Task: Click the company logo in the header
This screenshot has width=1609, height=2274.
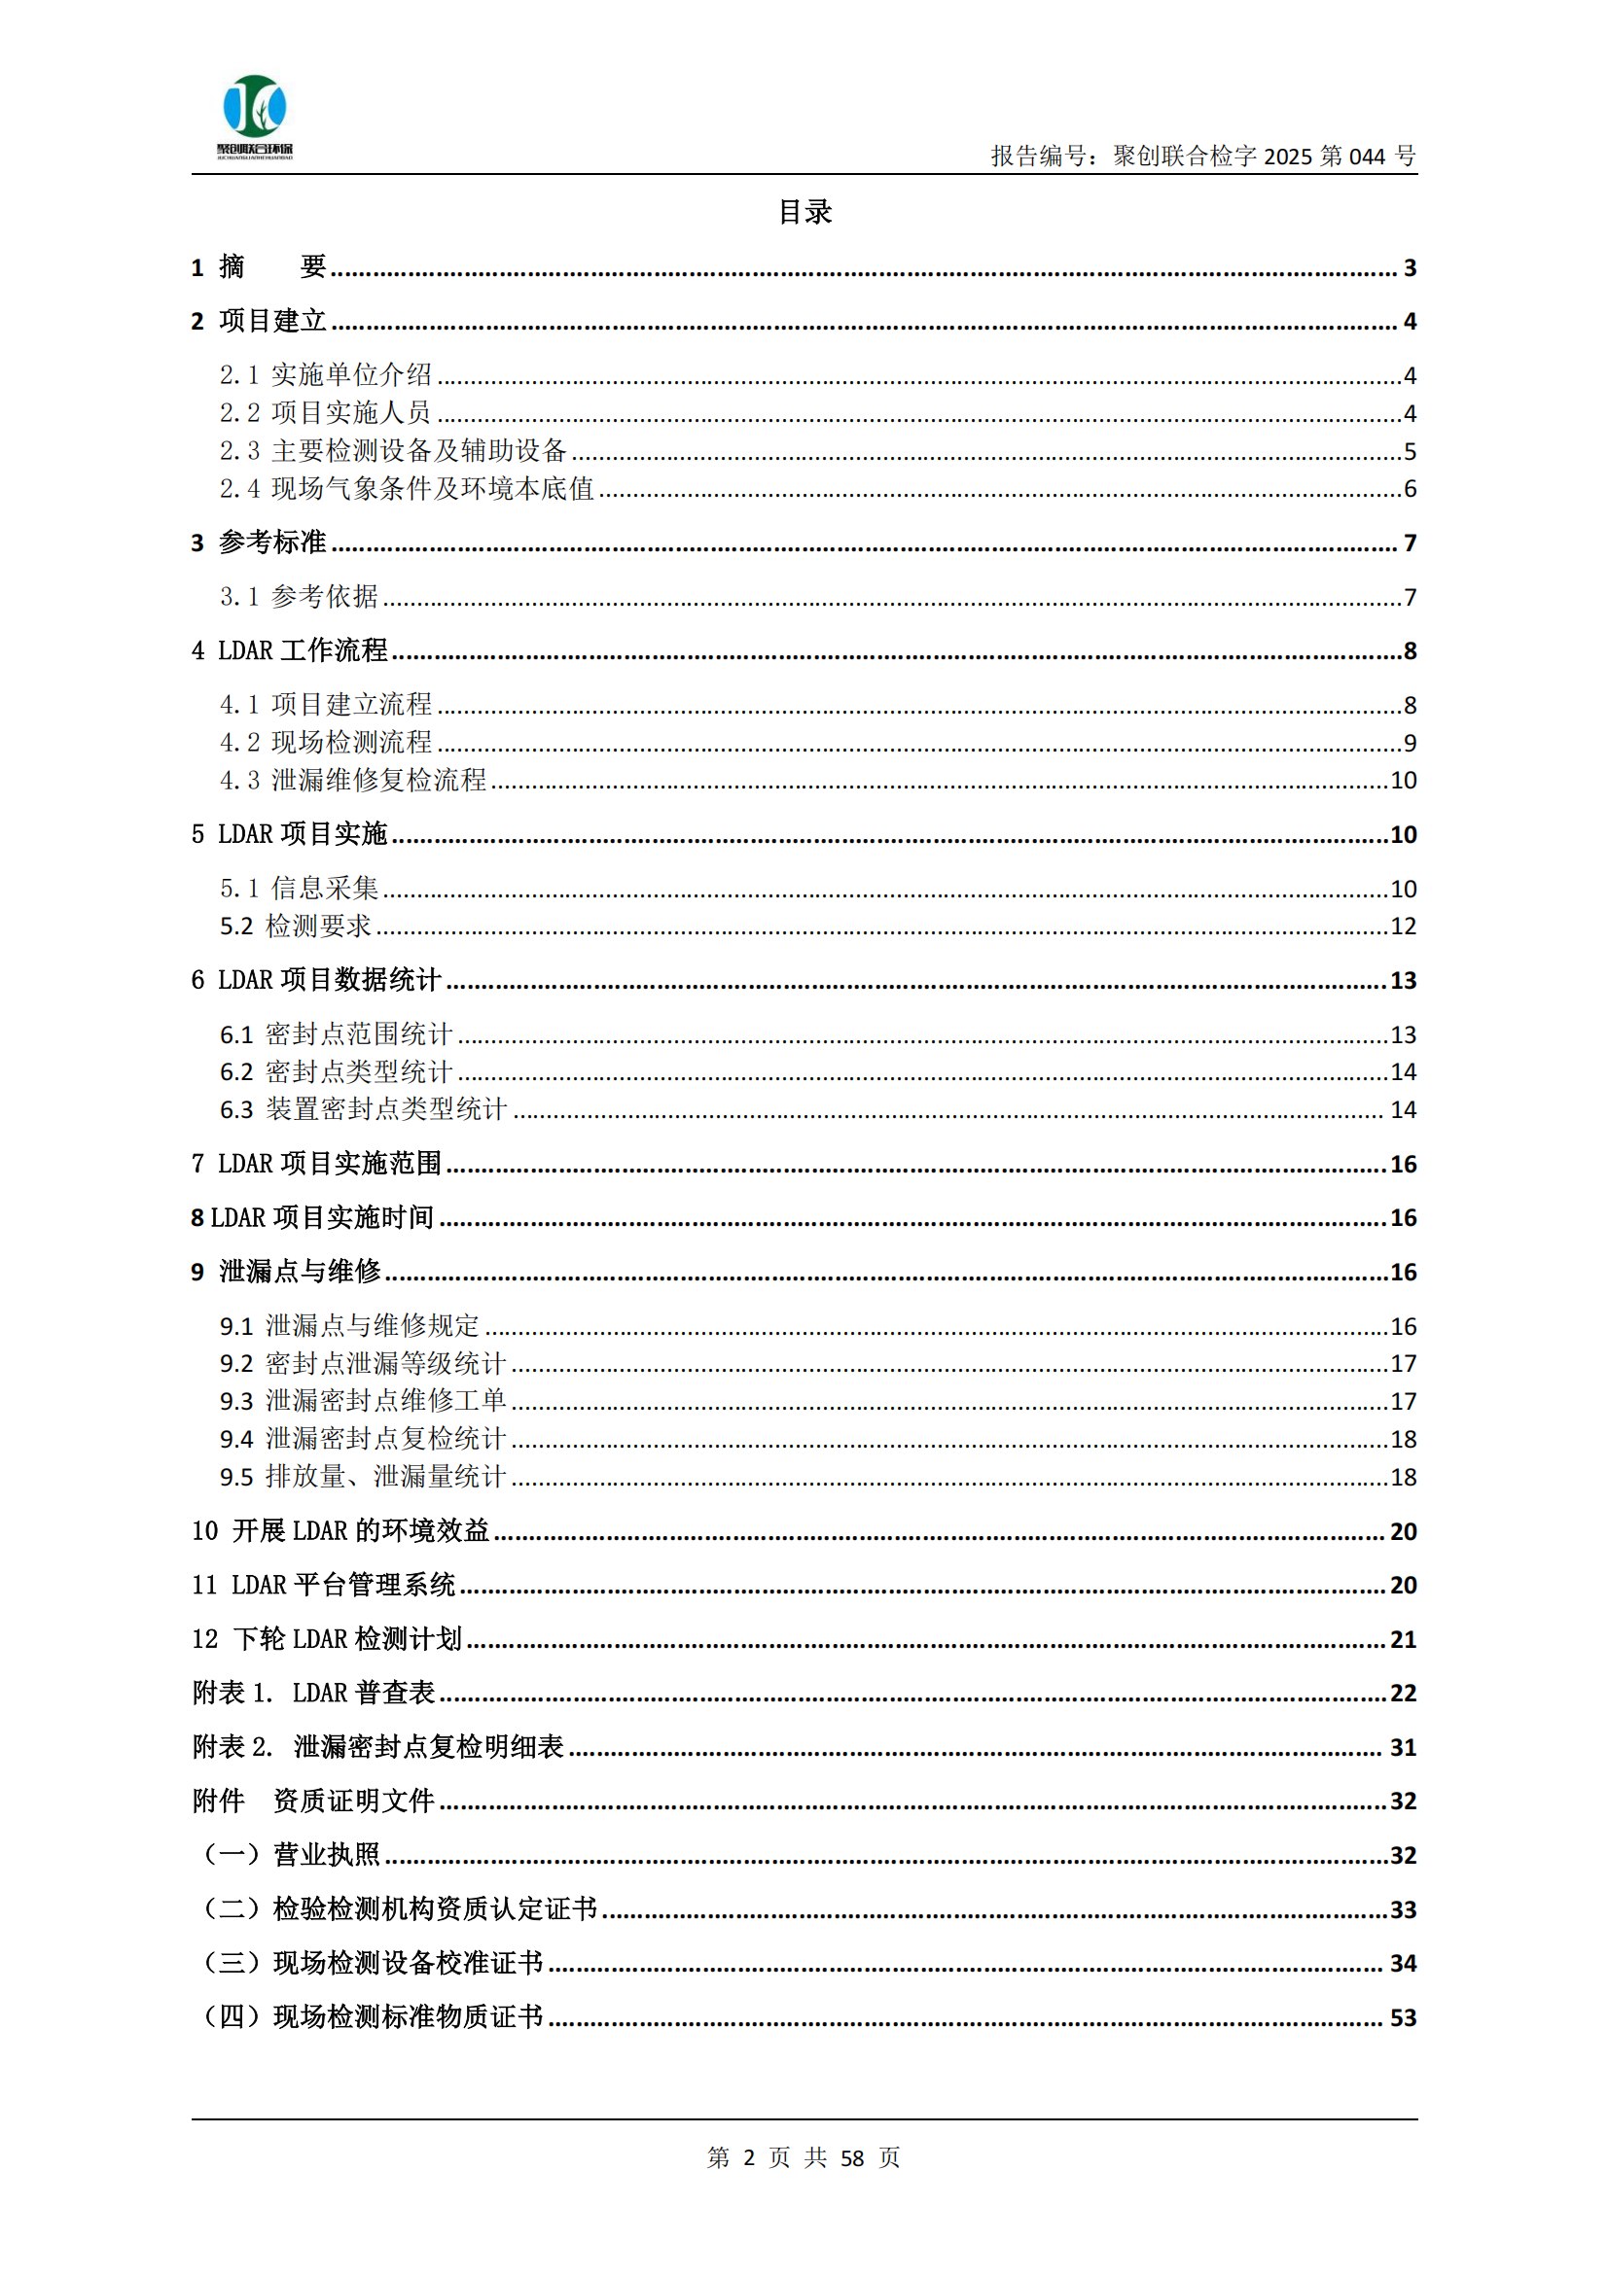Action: point(255,115)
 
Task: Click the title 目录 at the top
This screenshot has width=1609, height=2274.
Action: point(804,212)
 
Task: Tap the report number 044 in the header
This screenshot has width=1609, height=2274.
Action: point(1366,157)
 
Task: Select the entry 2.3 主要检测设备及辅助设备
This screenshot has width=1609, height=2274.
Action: point(393,451)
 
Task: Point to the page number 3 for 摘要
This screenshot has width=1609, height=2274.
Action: point(1409,267)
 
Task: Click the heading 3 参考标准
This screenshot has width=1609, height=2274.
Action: point(259,542)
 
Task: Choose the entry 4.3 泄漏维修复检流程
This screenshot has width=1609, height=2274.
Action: point(353,781)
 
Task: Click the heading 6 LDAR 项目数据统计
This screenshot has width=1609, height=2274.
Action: point(316,981)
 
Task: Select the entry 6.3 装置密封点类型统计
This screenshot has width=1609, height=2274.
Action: point(363,1109)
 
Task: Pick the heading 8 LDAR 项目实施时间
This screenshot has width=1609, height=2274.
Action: point(312,1217)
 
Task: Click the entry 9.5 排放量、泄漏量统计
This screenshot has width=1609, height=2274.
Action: point(363,1477)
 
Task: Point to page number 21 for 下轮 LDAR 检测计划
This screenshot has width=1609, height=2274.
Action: point(1402,1639)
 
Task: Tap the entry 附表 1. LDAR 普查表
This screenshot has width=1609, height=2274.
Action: point(313,1693)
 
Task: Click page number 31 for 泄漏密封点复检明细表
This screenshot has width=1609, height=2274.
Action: point(1402,1747)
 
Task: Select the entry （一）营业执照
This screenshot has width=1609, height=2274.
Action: point(291,1855)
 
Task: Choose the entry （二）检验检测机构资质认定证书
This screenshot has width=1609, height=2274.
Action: point(399,1909)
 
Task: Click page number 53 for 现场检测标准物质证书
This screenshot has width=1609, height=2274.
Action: point(1402,2017)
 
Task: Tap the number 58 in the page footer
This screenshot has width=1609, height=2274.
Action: point(851,2158)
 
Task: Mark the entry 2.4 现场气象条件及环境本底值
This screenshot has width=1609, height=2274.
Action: point(407,488)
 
